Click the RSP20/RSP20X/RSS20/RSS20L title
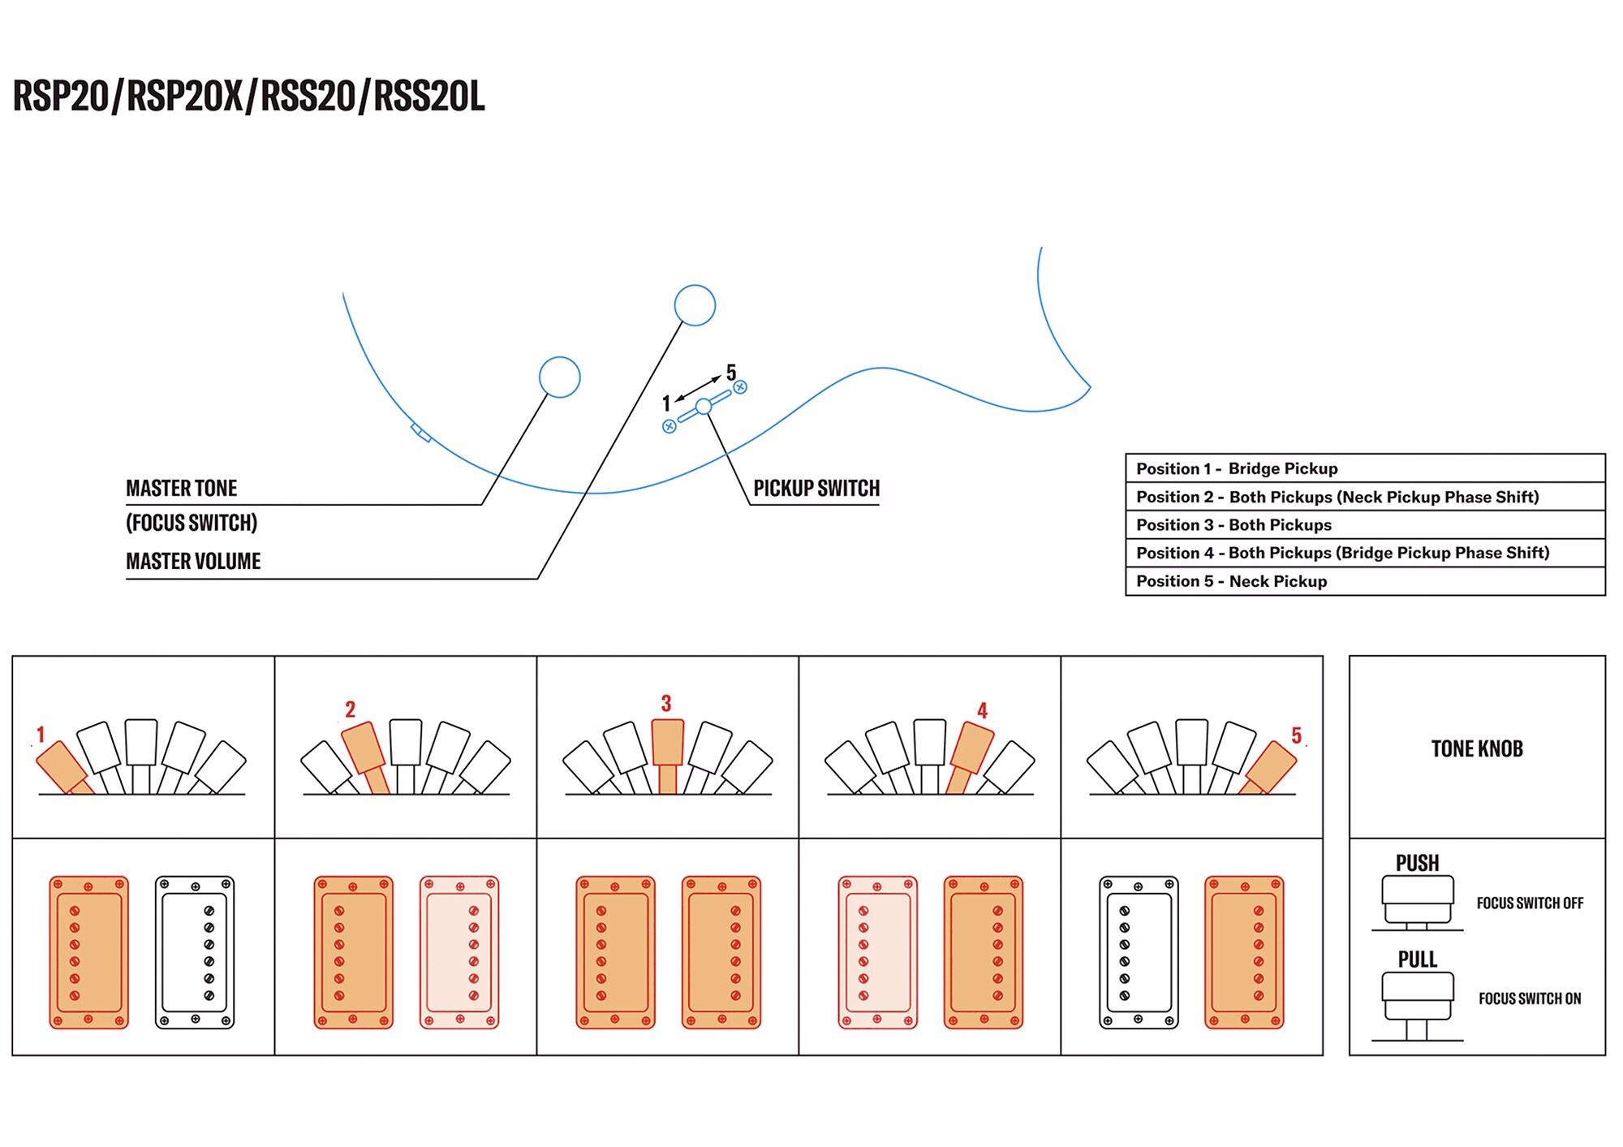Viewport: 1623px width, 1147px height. coord(248,97)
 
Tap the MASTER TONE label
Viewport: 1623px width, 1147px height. coord(181,488)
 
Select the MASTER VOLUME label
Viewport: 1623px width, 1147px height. coord(193,561)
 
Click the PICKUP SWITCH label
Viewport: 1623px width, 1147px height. coord(816,488)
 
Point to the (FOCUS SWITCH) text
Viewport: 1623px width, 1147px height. coord(192,523)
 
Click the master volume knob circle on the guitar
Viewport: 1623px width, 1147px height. coord(695,305)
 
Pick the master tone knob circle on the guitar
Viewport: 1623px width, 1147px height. coord(560,377)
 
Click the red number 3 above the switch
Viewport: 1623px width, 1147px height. coord(666,703)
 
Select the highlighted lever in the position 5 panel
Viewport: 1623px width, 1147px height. coord(1270,766)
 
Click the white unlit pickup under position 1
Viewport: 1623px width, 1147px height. coord(195,952)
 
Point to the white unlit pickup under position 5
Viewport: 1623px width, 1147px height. coord(1139,952)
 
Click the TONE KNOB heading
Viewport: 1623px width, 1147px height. coord(1477,748)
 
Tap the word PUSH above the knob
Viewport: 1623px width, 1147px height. coord(1417,863)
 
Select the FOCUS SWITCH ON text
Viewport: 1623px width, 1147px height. coord(1530,998)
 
